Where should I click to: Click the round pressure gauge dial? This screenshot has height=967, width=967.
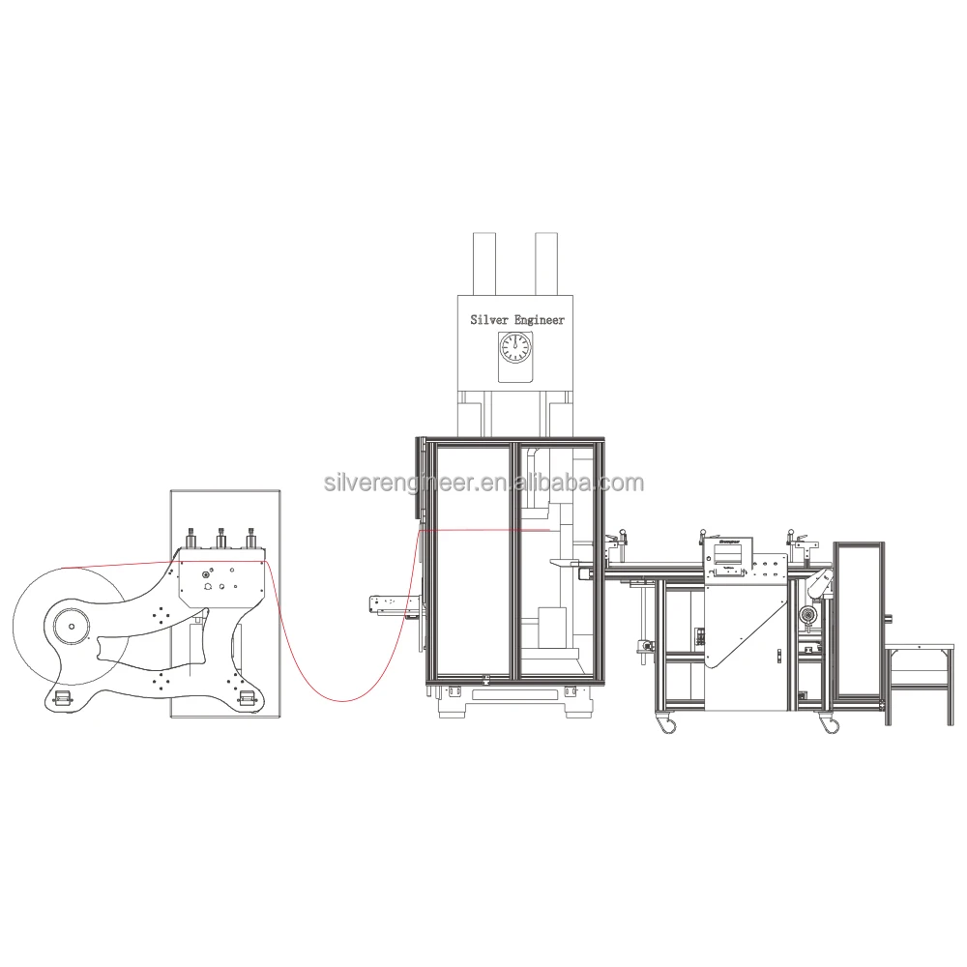(x=514, y=347)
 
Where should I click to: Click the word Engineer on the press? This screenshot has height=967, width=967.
(x=540, y=319)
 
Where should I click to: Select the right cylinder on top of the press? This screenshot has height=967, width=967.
(x=547, y=262)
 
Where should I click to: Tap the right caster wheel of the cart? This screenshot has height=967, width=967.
(x=829, y=721)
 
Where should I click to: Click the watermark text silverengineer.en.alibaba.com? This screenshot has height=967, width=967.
(x=483, y=483)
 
